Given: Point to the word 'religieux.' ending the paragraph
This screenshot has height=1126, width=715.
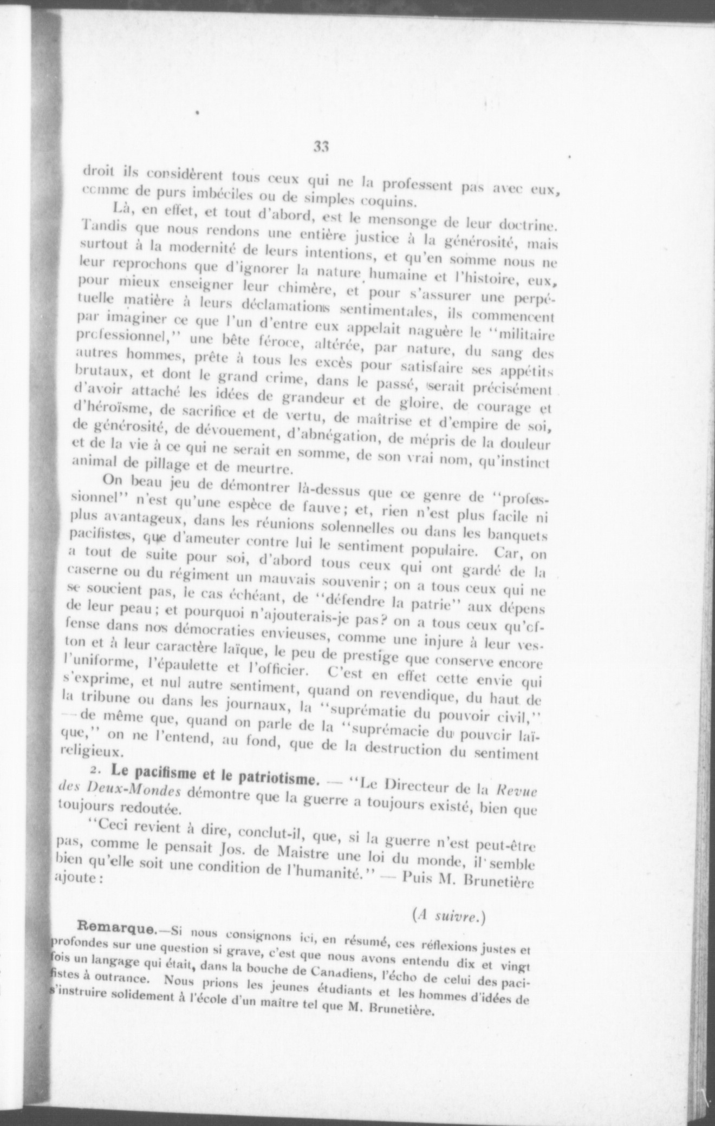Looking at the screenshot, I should pyautogui.click(x=99, y=753).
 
